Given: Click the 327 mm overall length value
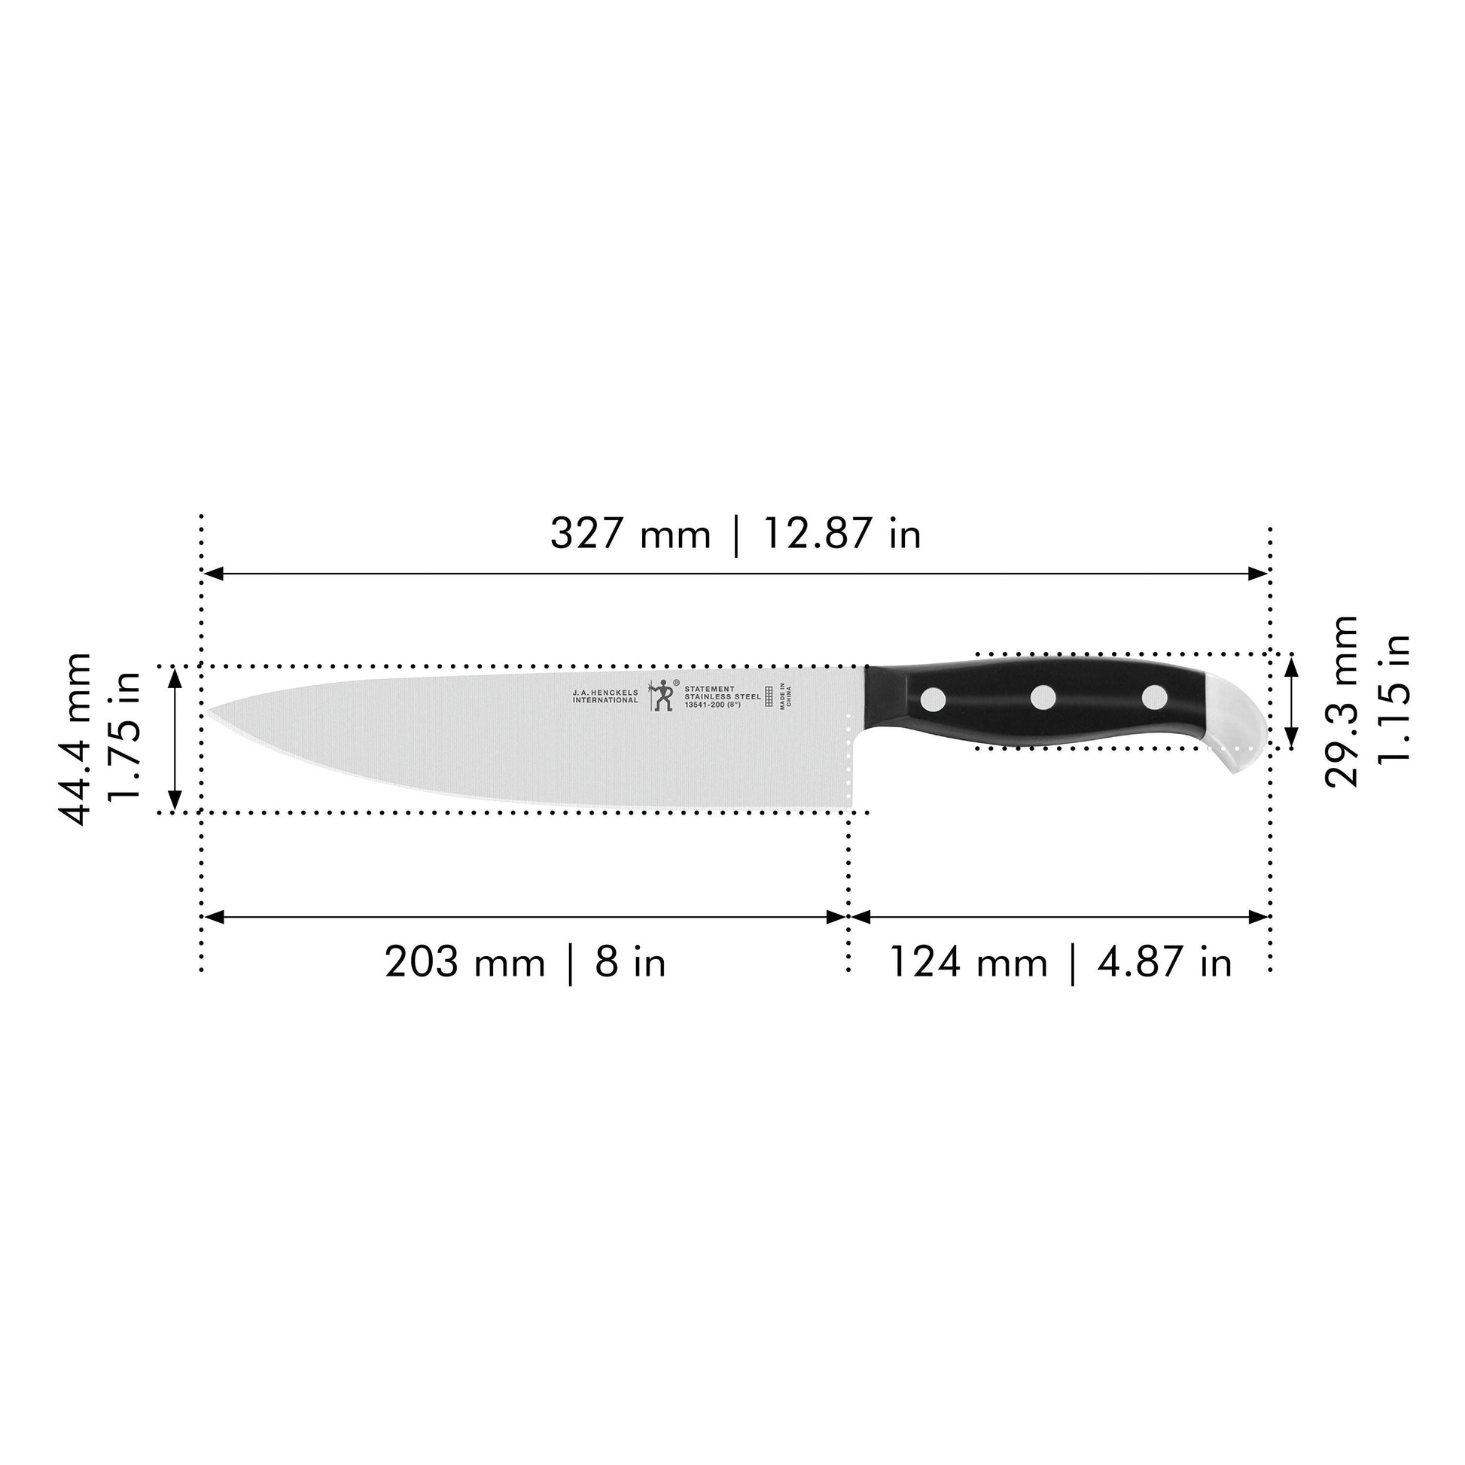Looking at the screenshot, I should click(x=629, y=534).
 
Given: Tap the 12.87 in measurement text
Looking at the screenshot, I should click(x=841, y=534).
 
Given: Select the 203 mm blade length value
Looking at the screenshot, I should click(x=464, y=963).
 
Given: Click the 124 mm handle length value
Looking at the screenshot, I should click(x=967, y=963).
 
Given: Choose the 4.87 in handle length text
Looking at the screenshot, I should click(x=1164, y=963).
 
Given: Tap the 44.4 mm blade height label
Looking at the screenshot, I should click(x=76, y=739).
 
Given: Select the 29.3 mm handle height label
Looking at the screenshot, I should click(x=1341, y=702).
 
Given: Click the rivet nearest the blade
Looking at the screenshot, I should click(x=933, y=698).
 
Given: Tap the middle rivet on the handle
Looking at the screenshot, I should click(x=1043, y=697).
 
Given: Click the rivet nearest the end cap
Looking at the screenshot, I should click(x=1154, y=697).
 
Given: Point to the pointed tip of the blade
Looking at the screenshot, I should click(x=209, y=712).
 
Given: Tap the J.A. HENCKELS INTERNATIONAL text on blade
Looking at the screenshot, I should click(x=605, y=697).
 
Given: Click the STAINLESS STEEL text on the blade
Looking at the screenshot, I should click(x=722, y=697).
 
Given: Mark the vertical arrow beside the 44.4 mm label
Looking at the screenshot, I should click(x=175, y=739).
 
